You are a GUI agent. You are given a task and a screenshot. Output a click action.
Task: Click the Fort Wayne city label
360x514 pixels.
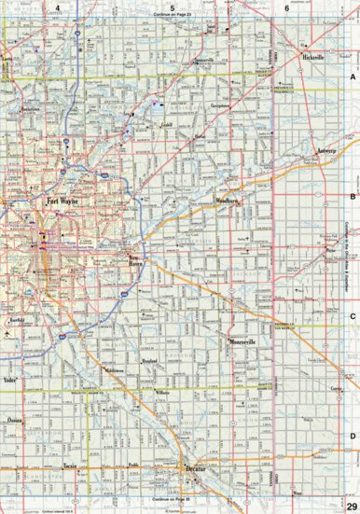click(x=62, y=201)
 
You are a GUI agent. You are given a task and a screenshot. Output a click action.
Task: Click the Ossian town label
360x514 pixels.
click(x=13, y=421)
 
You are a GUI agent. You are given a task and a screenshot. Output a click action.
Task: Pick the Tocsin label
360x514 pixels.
click(x=68, y=464)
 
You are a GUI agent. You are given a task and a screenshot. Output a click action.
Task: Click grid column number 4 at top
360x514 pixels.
click(x=57, y=7)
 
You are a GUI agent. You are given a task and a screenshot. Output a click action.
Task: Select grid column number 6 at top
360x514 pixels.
click(x=286, y=7)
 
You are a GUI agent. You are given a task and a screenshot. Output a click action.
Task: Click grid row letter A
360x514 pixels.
click(x=353, y=79)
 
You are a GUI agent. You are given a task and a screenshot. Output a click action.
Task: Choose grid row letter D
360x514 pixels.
click(x=353, y=435)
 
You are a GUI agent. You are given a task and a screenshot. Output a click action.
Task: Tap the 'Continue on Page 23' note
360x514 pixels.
click(x=173, y=18)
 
